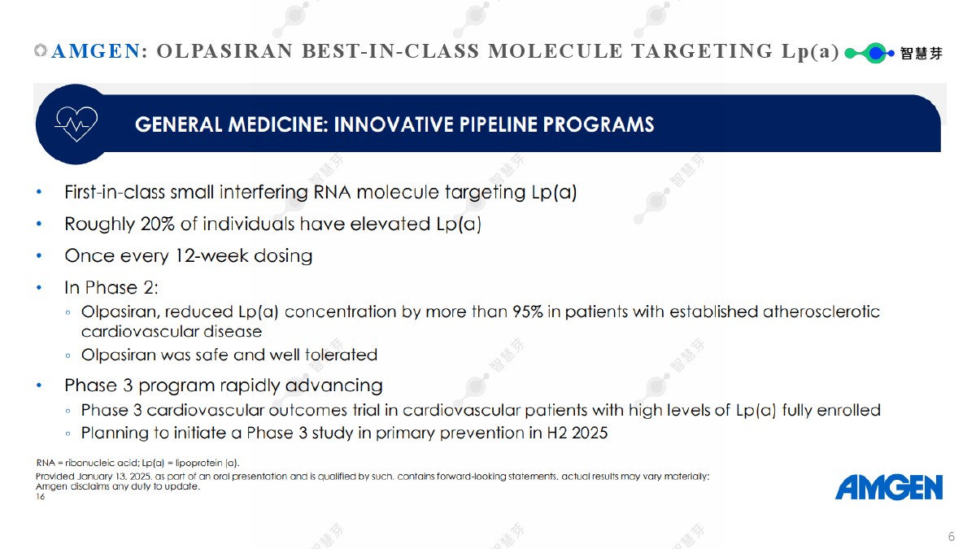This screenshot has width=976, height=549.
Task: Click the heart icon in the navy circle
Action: click(76, 124)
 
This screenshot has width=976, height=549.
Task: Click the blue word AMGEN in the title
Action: click(96, 51)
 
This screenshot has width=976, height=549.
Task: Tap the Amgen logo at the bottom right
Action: click(889, 487)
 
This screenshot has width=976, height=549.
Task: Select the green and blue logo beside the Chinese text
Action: click(869, 53)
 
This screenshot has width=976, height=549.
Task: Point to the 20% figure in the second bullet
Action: click(157, 224)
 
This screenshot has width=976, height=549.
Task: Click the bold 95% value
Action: click(528, 312)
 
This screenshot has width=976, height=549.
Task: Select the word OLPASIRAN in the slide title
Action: click(224, 51)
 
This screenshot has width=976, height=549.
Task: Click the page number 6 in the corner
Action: click(952, 536)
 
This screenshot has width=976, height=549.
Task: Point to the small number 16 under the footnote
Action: click(40, 497)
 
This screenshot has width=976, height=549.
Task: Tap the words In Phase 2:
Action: click(111, 288)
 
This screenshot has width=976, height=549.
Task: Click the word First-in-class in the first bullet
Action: click(115, 192)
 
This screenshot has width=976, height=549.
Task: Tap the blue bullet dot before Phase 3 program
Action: click(39, 386)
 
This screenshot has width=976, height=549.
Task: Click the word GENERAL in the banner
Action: click(179, 124)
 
